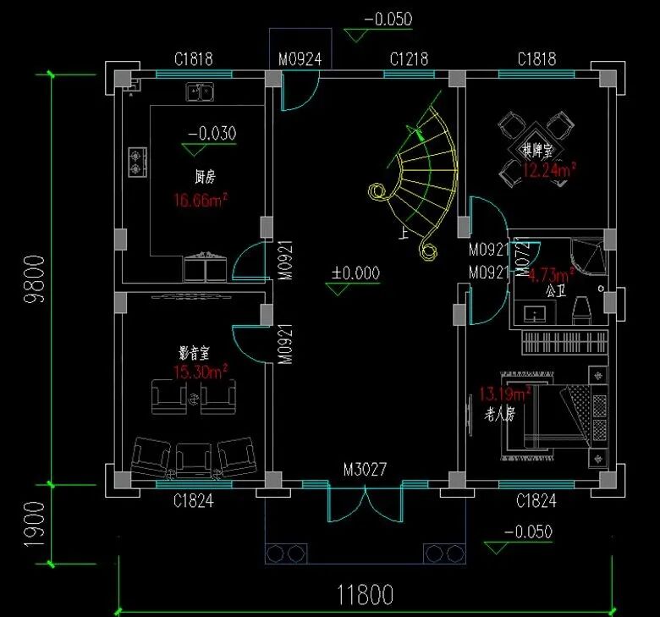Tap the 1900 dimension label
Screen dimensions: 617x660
pyautogui.click(x=35, y=524)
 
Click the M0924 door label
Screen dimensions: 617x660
pyautogui.click(x=300, y=59)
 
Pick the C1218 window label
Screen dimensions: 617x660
pyautogui.click(x=409, y=59)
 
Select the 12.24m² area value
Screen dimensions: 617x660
pyautogui.click(x=549, y=171)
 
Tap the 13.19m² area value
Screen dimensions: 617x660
pyautogui.click(x=505, y=394)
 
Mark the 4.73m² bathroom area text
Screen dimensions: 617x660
pyautogui.click(x=551, y=274)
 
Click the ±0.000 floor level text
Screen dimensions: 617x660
pyautogui.click(x=355, y=273)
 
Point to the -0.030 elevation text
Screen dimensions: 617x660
pyautogui.click(x=212, y=133)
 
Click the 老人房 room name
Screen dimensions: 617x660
pyautogui.click(x=500, y=414)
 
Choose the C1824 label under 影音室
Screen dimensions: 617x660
pyautogui.click(x=194, y=501)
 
